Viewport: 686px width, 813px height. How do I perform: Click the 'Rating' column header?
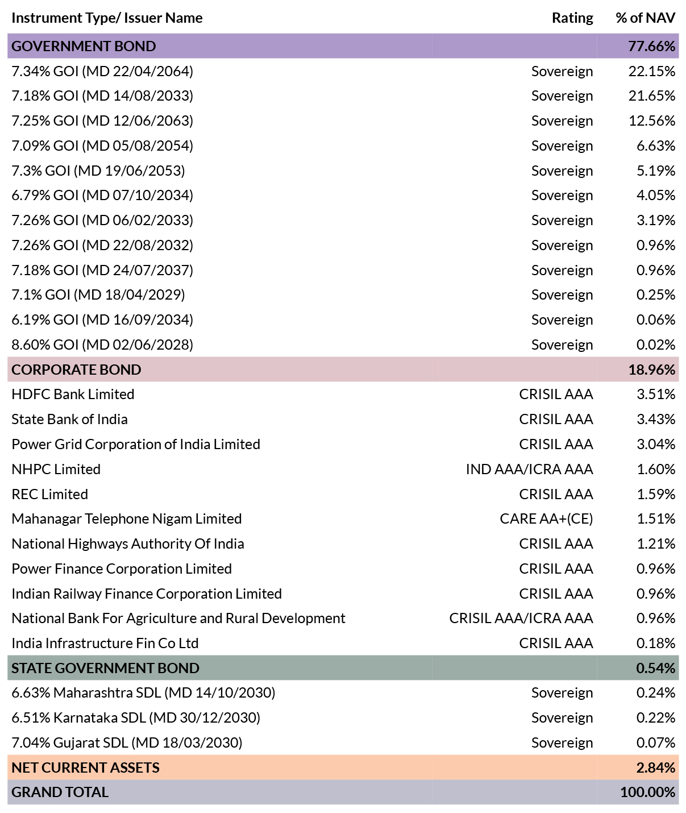(572, 18)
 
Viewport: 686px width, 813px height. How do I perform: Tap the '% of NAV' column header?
(645, 18)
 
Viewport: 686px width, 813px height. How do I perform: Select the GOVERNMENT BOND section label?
(84, 46)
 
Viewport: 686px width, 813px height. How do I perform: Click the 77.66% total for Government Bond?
(651, 46)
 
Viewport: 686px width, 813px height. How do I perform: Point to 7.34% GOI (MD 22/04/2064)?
(102, 71)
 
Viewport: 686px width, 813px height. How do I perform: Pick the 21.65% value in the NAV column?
(652, 96)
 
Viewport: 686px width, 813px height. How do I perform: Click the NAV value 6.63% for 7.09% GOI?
(656, 146)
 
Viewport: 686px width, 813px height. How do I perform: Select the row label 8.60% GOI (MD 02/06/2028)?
(102, 345)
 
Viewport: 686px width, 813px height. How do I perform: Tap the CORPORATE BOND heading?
(76, 370)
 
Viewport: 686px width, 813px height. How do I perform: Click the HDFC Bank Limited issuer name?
(73, 394)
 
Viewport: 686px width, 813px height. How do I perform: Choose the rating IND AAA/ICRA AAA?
(530, 469)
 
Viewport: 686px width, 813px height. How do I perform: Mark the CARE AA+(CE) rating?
(546, 519)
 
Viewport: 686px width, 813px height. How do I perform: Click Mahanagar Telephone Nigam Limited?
(127, 519)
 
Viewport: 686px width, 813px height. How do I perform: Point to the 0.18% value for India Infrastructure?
(656, 643)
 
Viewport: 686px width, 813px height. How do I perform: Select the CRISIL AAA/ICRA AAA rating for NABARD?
(521, 619)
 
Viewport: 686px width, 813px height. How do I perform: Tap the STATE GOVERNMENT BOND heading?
(106, 668)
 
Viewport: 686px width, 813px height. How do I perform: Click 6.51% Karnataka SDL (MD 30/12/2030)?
(136, 717)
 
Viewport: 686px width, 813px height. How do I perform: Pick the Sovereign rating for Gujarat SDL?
(562, 743)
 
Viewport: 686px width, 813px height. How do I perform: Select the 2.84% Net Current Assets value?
(656, 768)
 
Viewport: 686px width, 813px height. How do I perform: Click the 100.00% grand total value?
(648, 792)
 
